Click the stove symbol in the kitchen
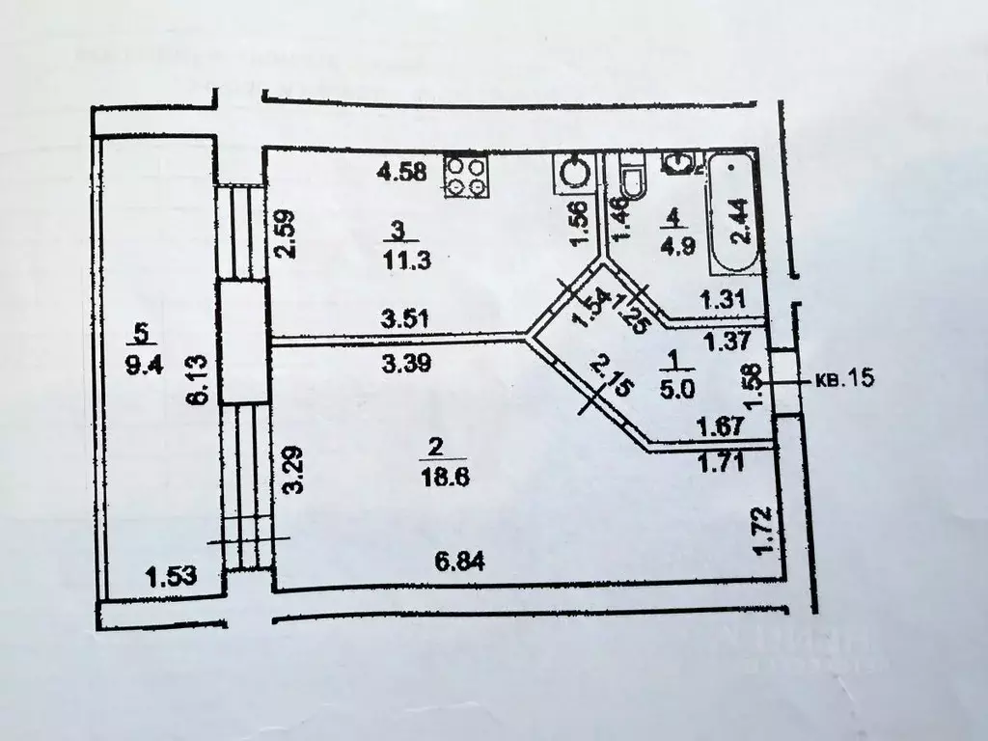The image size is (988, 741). click(468, 177)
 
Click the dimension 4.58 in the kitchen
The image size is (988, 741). click(401, 174)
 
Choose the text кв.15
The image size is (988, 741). click(845, 379)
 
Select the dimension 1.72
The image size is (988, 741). click(762, 530)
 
